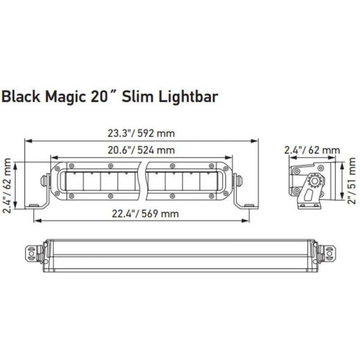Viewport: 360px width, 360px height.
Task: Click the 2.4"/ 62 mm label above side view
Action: (x=312, y=150)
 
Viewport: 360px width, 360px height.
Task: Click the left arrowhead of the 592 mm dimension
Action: (x=26, y=140)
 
